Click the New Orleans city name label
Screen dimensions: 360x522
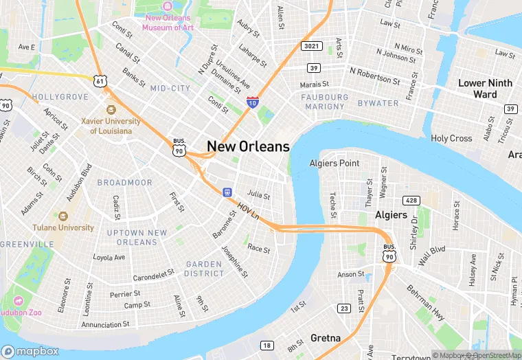[x=248, y=146]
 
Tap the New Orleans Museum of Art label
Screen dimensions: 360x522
[x=168, y=23]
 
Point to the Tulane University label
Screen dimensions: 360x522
[x=63, y=227]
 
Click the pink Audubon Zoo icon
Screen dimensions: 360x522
[x=16, y=302]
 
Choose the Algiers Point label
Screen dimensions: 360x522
[x=334, y=163]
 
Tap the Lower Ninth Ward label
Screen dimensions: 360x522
[x=485, y=88]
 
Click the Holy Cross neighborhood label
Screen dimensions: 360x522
[x=451, y=138]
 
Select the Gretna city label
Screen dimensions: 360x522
[x=326, y=338]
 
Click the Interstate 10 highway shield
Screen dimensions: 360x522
[x=253, y=103]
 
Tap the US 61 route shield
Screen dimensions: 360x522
[x=101, y=81]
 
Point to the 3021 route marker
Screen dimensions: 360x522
[x=309, y=46]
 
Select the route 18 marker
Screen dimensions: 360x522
[x=266, y=345]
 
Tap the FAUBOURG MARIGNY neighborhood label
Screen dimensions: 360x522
[x=325, y=102]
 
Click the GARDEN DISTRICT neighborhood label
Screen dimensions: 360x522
[x=204, y=269]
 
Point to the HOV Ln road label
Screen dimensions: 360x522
[x=248, y=210]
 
